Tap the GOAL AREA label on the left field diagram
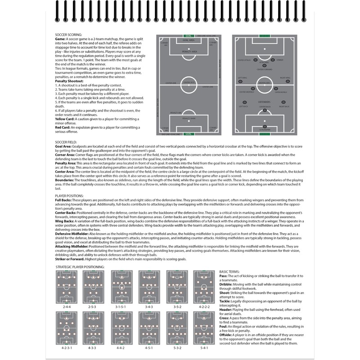[x=189, y=40]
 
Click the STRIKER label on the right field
[x=279, y=60]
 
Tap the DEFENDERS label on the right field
[x=265, y=102]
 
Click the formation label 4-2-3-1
[x=66, y=347]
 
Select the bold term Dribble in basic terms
[x=227, y=283]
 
